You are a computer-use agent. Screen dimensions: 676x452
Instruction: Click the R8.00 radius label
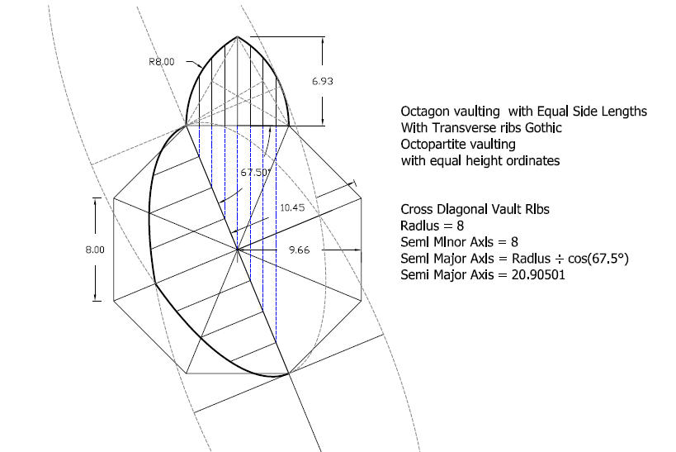click(162, 62)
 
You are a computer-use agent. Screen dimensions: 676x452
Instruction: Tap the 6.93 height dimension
click(323, 81)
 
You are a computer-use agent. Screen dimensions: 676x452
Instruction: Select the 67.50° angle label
click(256, 172)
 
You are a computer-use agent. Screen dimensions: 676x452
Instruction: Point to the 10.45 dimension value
click(292, 207)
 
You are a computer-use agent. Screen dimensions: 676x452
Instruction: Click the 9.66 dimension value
click(299, 250)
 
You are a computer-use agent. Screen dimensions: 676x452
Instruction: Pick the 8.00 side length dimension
click(95, 250)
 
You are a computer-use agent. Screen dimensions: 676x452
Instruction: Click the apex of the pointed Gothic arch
click(237, 36)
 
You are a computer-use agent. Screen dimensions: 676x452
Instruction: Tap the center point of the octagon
click(237, 250)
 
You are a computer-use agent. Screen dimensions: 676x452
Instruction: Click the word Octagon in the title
click(424, 112)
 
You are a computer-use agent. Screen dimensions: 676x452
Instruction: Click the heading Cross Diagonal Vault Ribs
click(475, 209)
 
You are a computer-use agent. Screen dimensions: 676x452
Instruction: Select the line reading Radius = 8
click(432, 226)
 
